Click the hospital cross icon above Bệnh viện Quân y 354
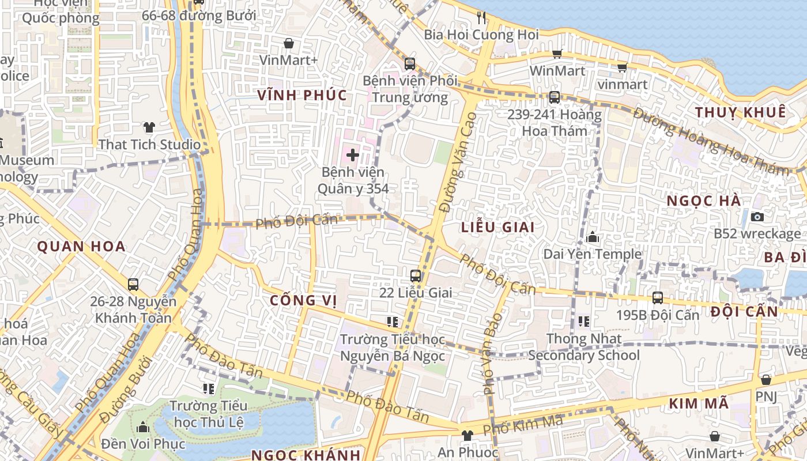353,154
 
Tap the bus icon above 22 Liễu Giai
415,276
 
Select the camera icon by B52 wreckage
757,217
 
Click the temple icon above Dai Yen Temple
593,237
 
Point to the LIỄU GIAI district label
498,227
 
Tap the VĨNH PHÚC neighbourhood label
303,95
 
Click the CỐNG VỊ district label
303,300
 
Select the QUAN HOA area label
81,247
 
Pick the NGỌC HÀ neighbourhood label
704,201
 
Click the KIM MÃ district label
699,404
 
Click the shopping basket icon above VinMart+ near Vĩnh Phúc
289,43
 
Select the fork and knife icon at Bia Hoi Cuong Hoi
481,17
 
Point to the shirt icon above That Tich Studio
149,127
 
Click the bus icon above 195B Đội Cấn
657,298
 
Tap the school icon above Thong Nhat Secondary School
583,321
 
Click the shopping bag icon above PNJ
765,380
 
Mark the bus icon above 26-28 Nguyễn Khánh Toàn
133,284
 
